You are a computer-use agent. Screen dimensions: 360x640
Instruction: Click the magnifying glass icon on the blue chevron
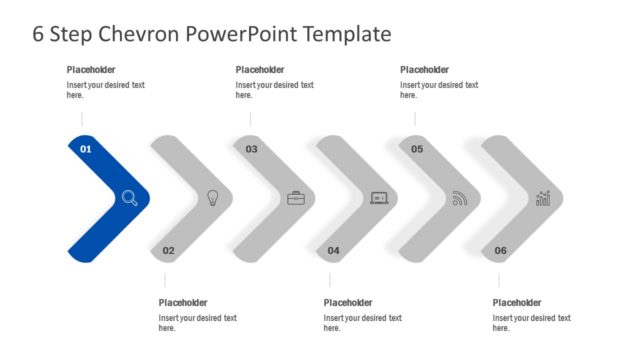(130, 198)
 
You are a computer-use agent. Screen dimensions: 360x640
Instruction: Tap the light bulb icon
(212, 198)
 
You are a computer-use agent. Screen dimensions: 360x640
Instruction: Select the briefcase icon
(296, 198)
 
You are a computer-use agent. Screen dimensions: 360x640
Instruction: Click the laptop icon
(379, 198)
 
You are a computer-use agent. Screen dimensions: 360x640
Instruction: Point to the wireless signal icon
(460, 198)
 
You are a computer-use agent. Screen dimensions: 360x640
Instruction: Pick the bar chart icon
(543, 198)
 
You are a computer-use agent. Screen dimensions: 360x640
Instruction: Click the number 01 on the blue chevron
(85, 149)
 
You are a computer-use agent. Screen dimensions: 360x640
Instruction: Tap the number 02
(168, 250)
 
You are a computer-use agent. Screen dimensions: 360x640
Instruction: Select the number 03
(251, 149)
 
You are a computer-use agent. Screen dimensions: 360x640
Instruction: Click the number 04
(334, 250)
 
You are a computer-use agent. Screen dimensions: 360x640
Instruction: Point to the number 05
(417, 149)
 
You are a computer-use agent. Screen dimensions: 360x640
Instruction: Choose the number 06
(500, 250)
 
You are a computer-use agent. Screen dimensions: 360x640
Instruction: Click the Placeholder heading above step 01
(91, 70)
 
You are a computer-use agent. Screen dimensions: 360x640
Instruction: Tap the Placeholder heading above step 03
(260, 70)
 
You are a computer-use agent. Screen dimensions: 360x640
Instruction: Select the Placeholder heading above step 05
(425, 70)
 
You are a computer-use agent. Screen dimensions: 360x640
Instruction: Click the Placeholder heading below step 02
(183, 303)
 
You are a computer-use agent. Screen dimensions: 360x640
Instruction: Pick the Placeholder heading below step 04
(348, 303)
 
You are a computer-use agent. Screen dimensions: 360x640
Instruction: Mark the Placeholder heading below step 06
(517, 303)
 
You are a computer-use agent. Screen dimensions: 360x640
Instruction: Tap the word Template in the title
(341, 34)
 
